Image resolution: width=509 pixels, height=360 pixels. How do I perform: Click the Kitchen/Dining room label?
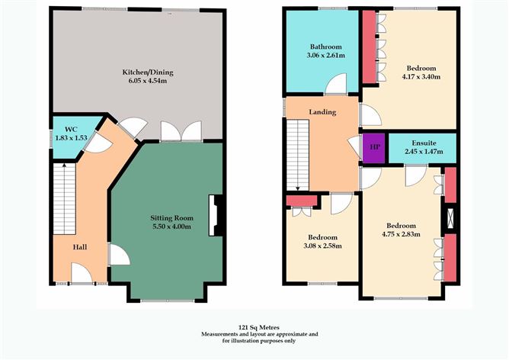[x=148, y=72]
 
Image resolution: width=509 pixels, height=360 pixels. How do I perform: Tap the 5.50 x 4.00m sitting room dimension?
[x=171, y=227]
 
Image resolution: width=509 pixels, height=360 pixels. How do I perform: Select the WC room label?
[x=71, y=130]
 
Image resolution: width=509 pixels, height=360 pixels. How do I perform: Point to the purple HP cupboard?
[x=374, y=147]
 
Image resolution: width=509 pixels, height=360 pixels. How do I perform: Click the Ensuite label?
[x=424, y=143]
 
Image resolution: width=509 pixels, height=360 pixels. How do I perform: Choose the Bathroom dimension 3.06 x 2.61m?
[x=325, y=55]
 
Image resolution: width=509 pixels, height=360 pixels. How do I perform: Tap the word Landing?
[x=322, y=112]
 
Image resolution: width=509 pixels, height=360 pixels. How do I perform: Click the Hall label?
[x=79, y=247]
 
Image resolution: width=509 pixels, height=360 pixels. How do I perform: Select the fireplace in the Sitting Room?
[x=215, y=215]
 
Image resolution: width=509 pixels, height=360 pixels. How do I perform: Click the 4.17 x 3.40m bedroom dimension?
[x=421, y=77]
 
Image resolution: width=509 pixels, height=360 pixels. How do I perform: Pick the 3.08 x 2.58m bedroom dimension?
[x=322, y=246]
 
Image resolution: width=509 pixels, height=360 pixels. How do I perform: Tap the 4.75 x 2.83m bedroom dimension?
[x=402, y=234]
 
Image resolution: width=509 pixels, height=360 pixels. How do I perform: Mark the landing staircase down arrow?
[x=298, y=156]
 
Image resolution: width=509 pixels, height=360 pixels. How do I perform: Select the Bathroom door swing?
[x=336, y=84]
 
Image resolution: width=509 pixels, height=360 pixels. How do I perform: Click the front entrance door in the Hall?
[x=82, y=273]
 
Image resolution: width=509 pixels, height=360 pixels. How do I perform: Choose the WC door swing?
[x=98, y=142]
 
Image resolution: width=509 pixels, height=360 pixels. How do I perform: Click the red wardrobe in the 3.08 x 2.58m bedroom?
[x=302, y=201]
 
